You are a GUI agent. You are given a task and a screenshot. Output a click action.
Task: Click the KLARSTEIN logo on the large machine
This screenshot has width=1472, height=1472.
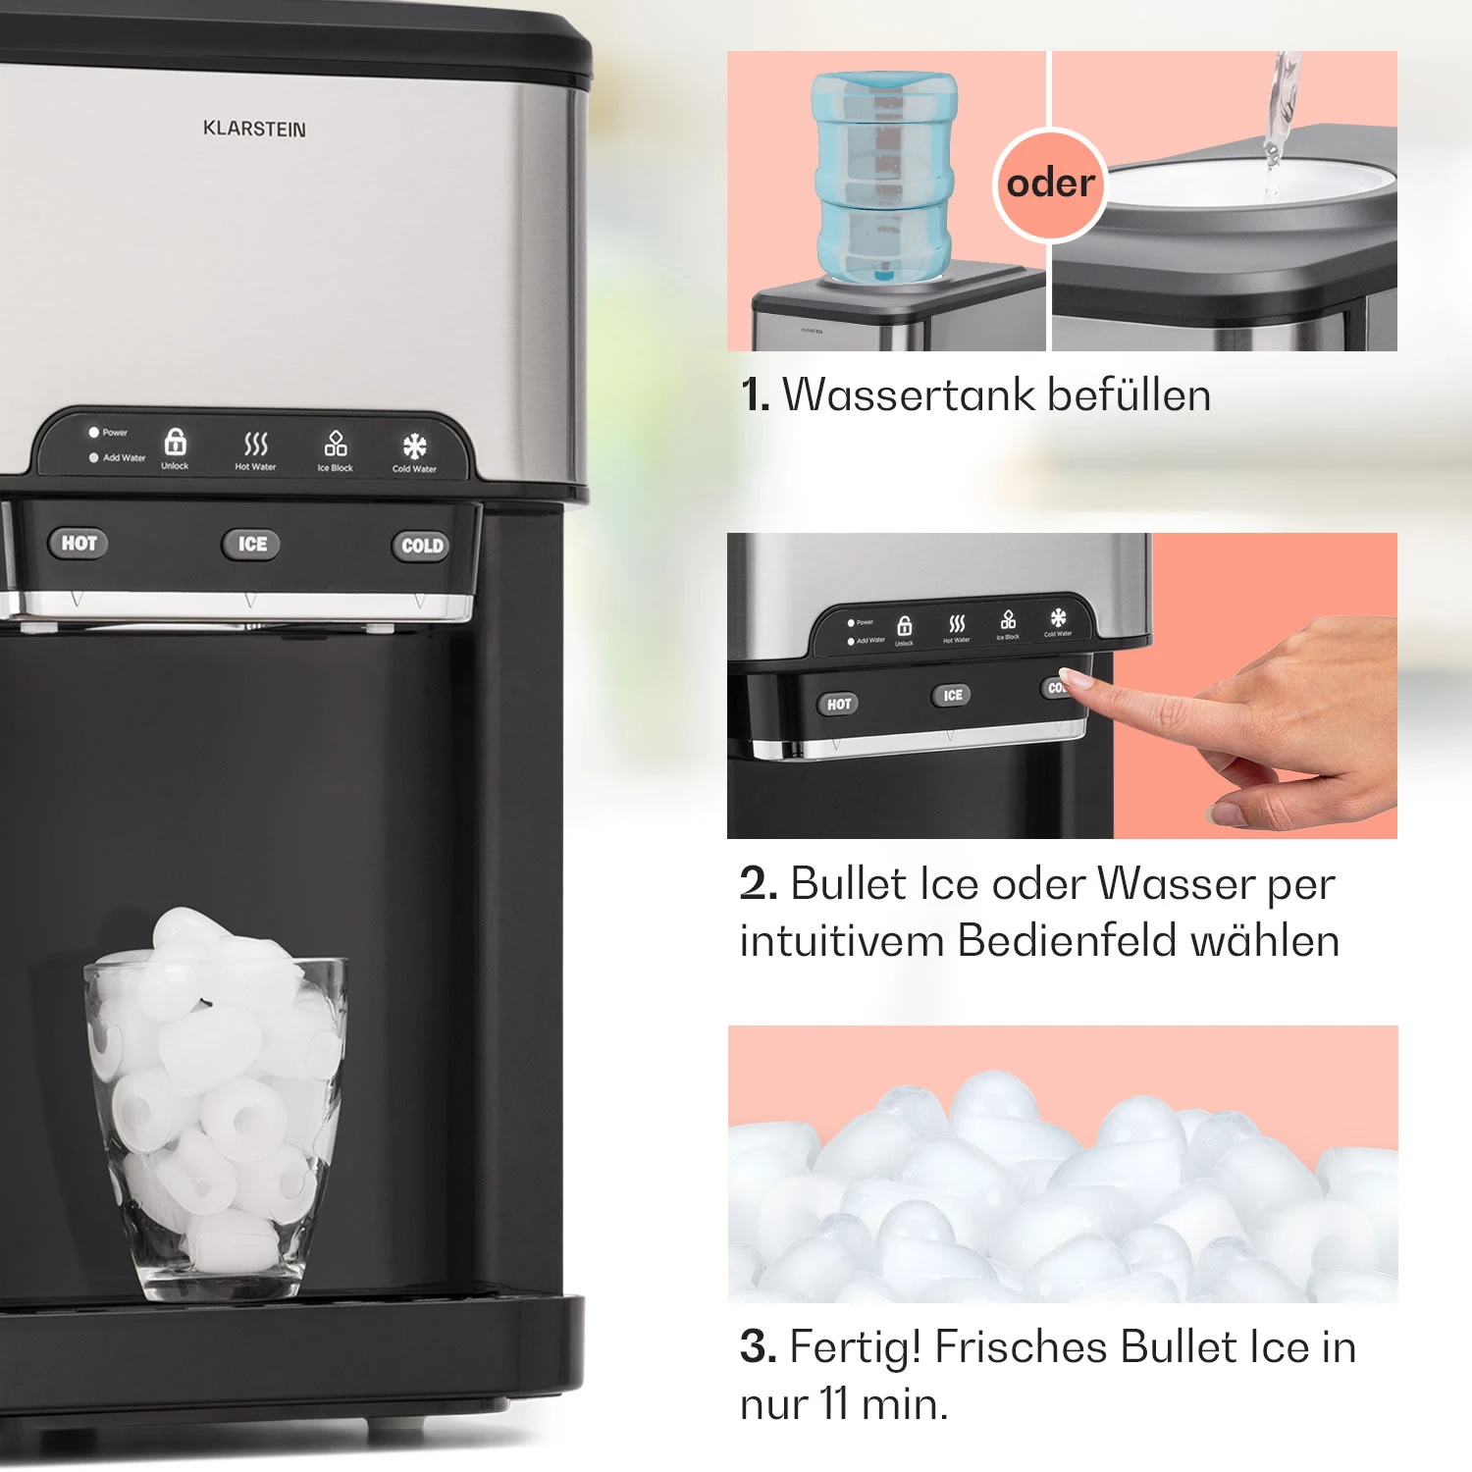(254, 129)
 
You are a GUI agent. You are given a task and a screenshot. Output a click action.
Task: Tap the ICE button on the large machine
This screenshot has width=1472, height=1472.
(251, 544)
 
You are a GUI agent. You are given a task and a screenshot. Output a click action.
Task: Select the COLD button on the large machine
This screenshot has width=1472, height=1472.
(422, 546)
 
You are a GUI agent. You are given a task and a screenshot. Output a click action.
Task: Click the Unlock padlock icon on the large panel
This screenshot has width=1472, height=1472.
(175, 442)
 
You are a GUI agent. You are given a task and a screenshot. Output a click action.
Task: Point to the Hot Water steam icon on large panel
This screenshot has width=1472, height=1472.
(255, 444)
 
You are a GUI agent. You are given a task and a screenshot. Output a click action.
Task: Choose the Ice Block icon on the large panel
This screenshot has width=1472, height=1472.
(336, 444)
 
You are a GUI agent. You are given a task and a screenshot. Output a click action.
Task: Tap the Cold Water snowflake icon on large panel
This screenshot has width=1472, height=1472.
(415, 447)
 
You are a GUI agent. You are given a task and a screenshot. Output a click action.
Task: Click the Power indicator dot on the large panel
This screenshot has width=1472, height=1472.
(94, 432)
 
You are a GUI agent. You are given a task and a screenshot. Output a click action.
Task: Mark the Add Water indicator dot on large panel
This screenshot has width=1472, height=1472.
(94, 457)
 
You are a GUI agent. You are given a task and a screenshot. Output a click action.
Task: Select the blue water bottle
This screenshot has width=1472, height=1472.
(884, 177)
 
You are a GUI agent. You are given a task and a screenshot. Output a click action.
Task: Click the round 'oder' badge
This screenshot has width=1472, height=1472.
(1050, 184)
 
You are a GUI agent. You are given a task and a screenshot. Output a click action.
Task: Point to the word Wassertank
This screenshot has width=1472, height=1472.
(909, 395)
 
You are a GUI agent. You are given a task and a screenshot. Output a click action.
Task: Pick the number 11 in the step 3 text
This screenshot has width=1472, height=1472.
(834, 1404)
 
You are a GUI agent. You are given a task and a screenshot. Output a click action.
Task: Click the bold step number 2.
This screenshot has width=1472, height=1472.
(759, 884)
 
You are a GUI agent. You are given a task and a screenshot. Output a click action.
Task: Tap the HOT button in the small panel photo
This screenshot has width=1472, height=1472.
(838, 704)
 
